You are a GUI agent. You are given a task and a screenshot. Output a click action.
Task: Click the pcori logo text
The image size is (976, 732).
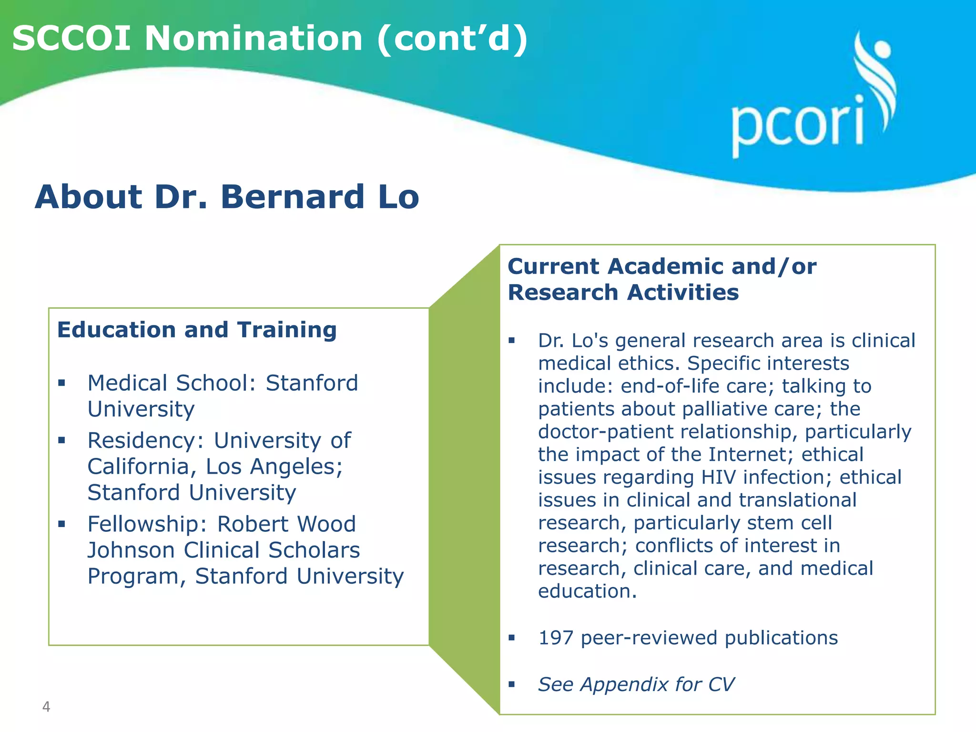797,125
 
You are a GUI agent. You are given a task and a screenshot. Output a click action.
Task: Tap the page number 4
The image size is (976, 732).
46,706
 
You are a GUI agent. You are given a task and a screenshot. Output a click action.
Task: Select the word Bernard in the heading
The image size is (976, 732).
292,197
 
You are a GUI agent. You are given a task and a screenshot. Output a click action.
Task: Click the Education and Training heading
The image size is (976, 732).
197,330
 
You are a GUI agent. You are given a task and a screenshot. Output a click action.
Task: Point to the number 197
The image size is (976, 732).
555,638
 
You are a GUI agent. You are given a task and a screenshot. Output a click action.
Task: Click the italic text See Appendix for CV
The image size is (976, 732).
636,684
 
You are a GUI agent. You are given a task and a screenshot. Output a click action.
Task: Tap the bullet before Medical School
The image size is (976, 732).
61,383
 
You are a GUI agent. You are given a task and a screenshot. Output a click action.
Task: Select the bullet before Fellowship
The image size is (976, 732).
61,524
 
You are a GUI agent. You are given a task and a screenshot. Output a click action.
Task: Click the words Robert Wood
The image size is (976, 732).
286,524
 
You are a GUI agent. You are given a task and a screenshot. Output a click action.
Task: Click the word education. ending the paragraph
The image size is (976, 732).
587,591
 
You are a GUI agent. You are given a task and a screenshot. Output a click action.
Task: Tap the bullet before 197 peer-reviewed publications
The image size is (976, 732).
512,638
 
